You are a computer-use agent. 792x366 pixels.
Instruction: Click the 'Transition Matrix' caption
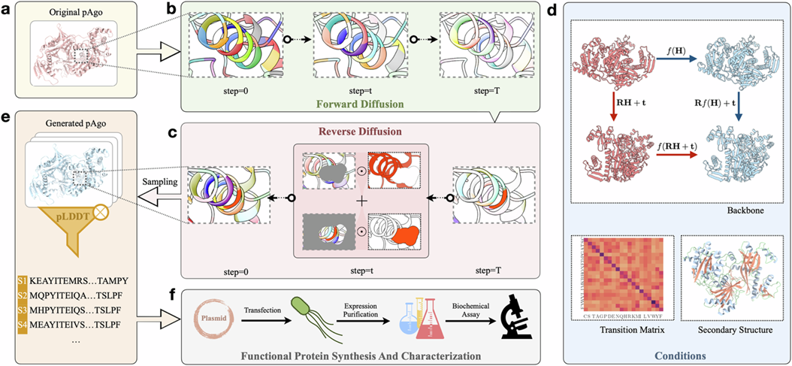tap(617, 329)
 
